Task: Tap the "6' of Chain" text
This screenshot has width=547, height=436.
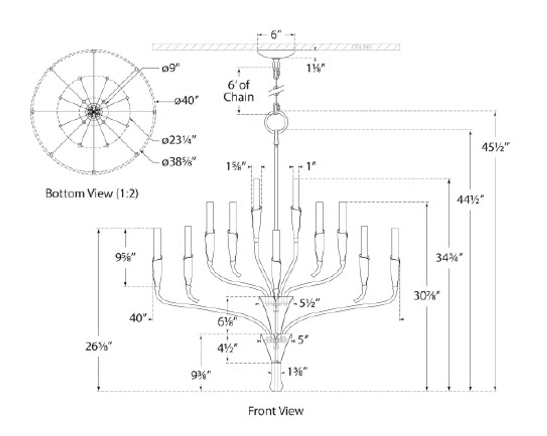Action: [238, 91]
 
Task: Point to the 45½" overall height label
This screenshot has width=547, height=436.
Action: [495, 147]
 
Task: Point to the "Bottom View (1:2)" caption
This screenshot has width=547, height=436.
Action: [92, 193]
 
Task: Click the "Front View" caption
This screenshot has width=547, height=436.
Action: [275, 410]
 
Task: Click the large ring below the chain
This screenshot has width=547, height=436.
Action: [276, 122]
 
